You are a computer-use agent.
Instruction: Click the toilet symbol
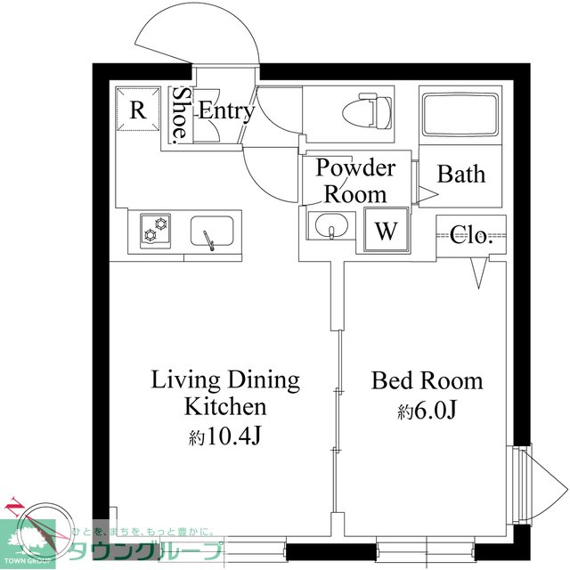(x=368, y=110)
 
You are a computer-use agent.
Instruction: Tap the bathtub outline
(x=460, y=115)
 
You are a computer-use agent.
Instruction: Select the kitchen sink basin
(x=212, y=232)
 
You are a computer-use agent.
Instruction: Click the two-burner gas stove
(x=155, y=231)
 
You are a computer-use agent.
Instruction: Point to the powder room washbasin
(x=331, y=225)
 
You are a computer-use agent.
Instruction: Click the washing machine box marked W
(x=386, y=230)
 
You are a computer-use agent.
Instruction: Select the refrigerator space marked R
(x=138, y=109)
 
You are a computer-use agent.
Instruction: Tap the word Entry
(x=226, y=110)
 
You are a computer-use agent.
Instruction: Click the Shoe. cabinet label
(x=180, y=115)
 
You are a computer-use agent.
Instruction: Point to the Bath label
(x=461, y=175)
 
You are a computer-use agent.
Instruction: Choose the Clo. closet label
(x=471, y=235)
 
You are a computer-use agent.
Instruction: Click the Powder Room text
(x=355, y=181)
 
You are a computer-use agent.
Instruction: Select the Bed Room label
(x=427, y=380)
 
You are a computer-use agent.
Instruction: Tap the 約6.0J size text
(x=427, y=411)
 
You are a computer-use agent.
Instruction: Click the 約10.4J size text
(x=224, y=436)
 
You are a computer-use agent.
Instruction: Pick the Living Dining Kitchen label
(x=225, y=393)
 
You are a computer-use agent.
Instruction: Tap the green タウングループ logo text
(x=145, y=551)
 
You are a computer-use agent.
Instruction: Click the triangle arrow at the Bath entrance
(x=427, y=194)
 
